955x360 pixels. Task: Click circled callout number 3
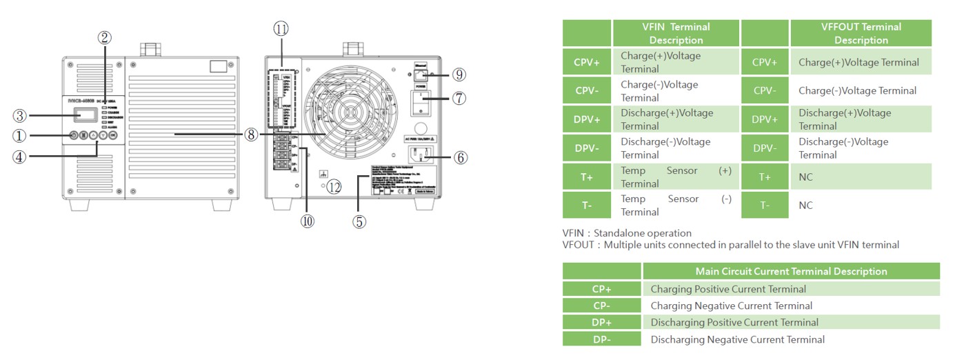pos(21,115)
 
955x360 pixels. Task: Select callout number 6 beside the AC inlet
pos(460,157)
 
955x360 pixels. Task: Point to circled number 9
pos(460,74)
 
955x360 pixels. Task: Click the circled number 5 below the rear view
pos(359,221)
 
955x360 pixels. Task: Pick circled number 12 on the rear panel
pos(334,187)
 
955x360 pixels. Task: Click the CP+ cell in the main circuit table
pos(601,289)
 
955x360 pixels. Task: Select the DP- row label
pos(601,339)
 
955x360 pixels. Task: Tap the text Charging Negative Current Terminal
pos(731,306)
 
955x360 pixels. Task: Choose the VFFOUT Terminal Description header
pos(861,33)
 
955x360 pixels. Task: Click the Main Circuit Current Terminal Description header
pos(791,271)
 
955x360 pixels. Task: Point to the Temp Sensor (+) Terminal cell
pos(676,177)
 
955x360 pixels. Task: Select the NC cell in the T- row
pos(805,206)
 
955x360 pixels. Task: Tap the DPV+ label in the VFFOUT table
pos(765,119)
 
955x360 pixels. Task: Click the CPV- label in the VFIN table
pos(587,91)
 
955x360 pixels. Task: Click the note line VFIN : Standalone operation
pos(627,233)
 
